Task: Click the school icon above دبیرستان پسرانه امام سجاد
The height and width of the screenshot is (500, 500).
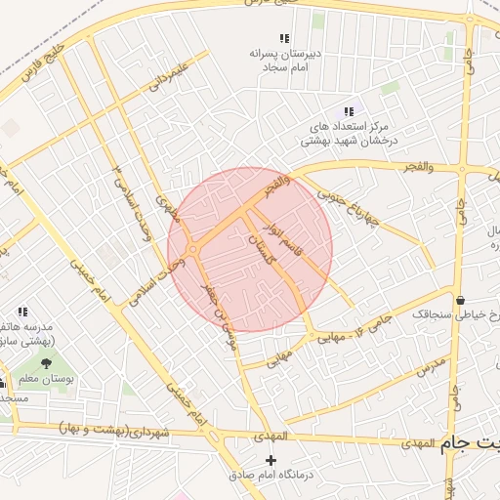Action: tap(284, 38)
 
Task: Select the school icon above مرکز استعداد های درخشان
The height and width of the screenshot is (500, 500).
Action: tap(349, 112)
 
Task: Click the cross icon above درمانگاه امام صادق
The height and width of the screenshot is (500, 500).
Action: tap(271, 459)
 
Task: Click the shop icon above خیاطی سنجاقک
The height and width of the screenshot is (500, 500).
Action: tap(459, 299)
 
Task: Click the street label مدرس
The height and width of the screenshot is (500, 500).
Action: tap(430, 368)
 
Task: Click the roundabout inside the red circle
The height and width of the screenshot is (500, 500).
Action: tap(193, 251)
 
